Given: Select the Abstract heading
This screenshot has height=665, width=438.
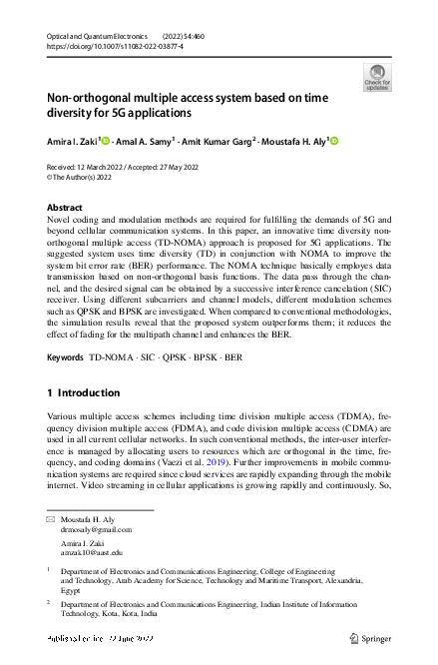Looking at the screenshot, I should [66, 207].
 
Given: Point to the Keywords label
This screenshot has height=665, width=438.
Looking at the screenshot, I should [66, 355].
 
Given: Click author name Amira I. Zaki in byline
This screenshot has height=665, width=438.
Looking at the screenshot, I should [72, 141].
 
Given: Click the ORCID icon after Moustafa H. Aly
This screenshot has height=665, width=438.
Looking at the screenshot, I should [335, 141].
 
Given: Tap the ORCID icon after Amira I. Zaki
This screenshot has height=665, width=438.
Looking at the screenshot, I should [104, 141].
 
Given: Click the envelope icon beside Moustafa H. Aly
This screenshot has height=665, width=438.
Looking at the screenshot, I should [51, 521].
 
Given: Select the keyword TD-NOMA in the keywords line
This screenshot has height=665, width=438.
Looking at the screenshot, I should [111, 355].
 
